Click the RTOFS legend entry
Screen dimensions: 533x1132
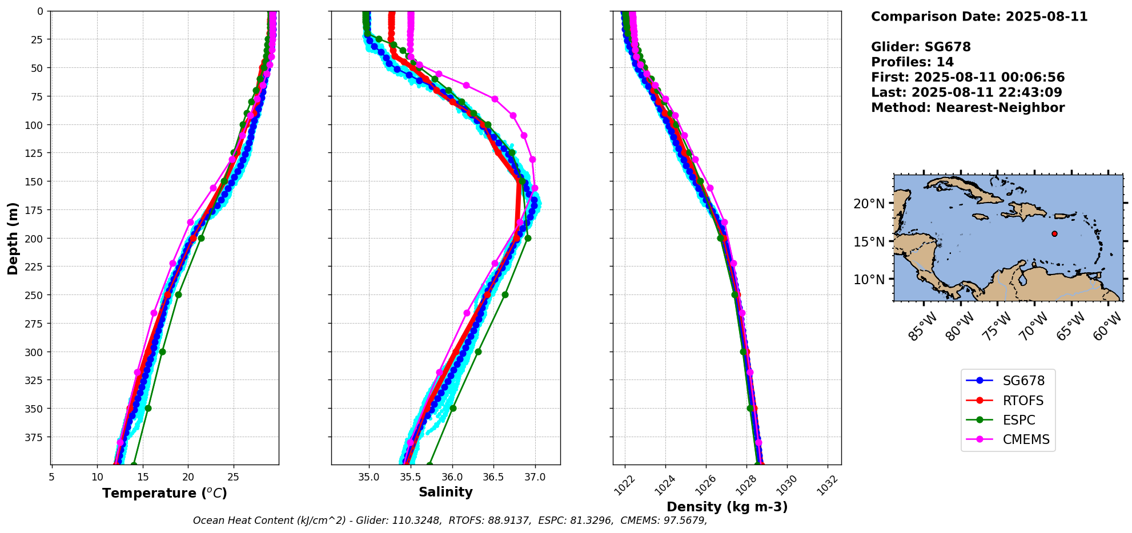point(1022,401)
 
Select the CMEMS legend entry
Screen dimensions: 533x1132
point(1026,439)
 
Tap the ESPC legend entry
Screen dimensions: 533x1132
point(1018,420)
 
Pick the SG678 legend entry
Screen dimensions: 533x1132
point(1023,381)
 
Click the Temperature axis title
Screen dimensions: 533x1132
point(164,493)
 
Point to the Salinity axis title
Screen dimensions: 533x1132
point(445,492)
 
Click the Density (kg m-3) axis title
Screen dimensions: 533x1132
point(727,507)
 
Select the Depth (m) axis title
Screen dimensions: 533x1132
point(13,238)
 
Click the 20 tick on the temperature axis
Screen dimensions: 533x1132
point(188,477)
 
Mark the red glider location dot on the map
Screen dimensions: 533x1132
point(1054,233)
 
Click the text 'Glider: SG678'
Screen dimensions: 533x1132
point(920,47)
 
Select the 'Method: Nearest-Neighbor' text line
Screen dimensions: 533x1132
point(968,108)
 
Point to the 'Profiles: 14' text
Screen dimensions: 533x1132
point(912,62)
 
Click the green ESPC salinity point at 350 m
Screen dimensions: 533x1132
point(453,408)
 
